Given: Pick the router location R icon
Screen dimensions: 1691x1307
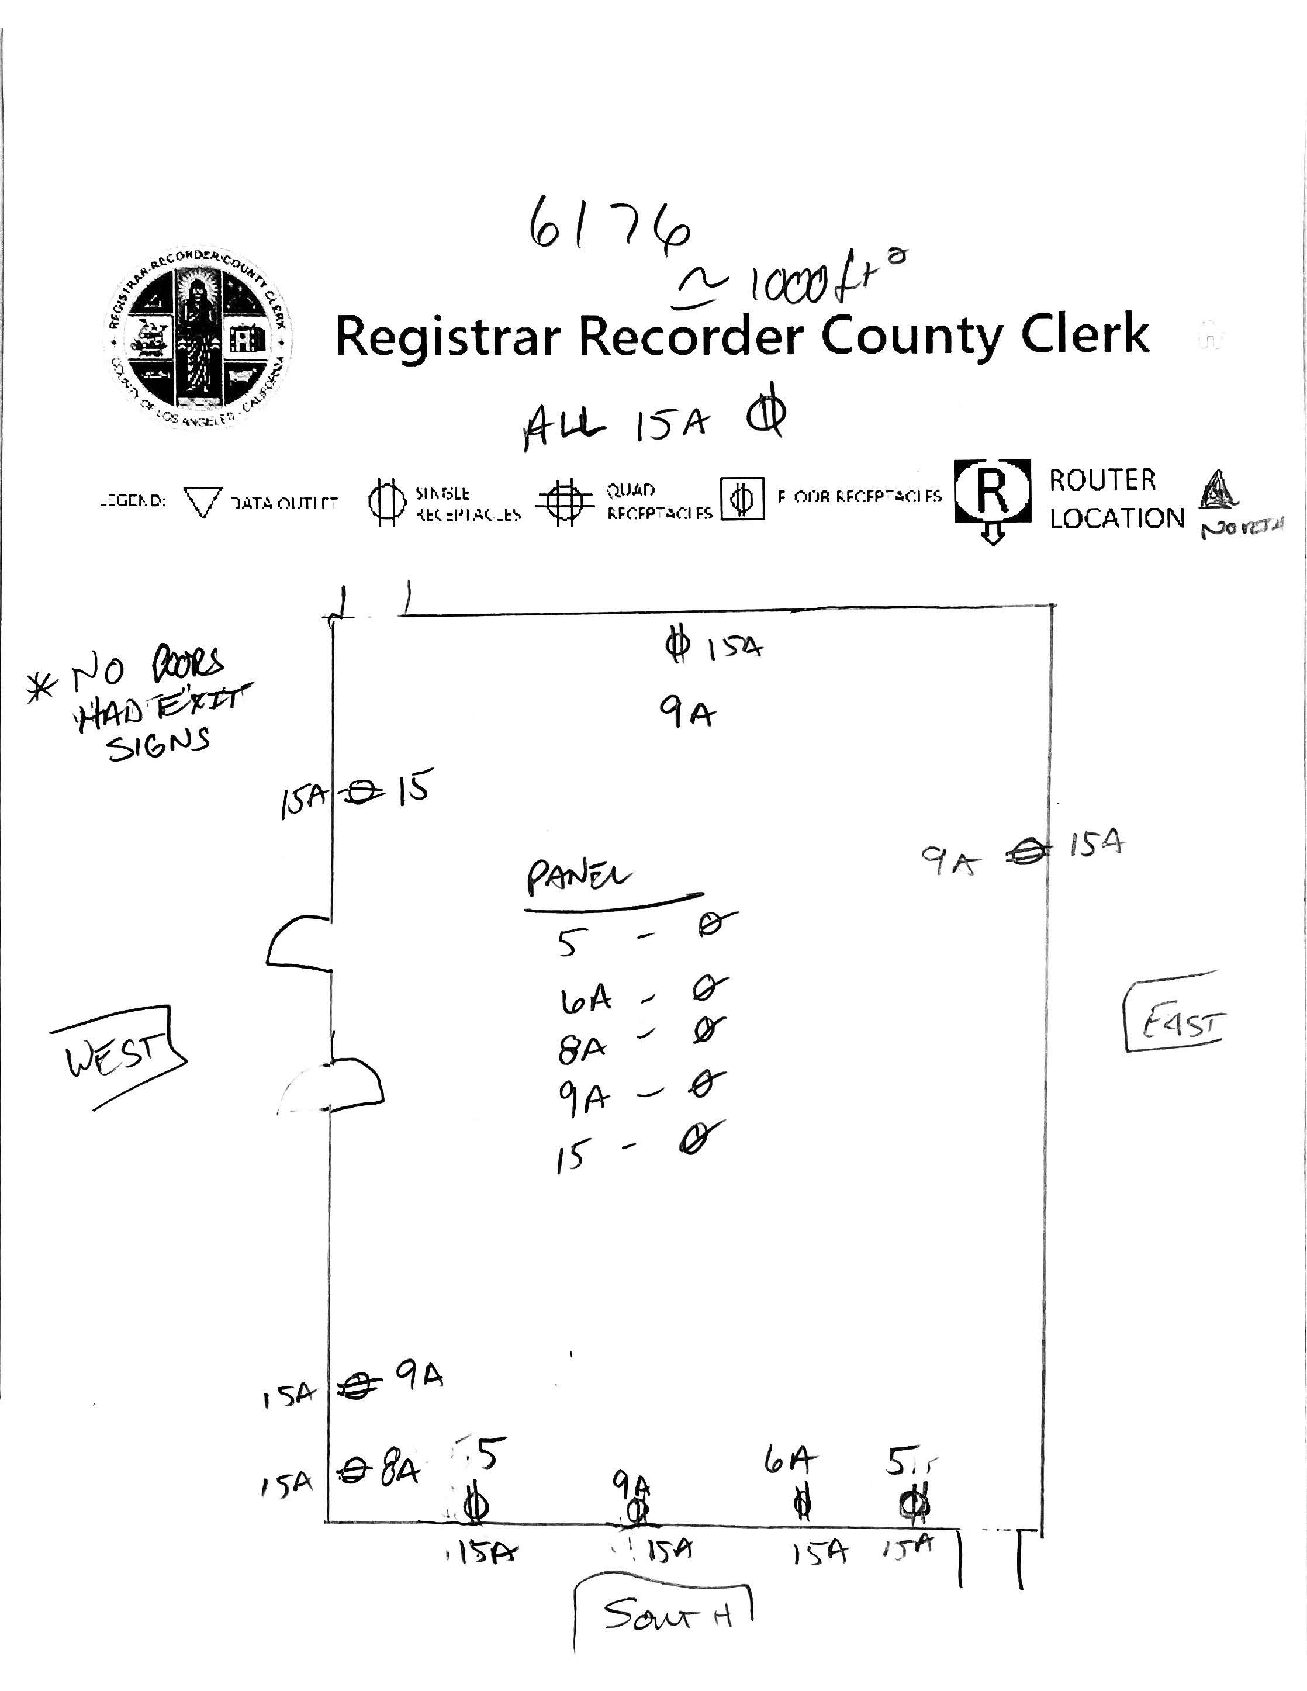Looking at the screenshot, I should click(x=993, y=492).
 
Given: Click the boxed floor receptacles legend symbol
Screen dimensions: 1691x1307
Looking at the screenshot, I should click(x=742, y=499).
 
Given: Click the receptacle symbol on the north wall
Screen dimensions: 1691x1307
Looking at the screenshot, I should click(x=677, y=645).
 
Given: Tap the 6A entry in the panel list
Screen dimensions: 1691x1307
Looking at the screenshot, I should click(x=585, y=1000).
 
